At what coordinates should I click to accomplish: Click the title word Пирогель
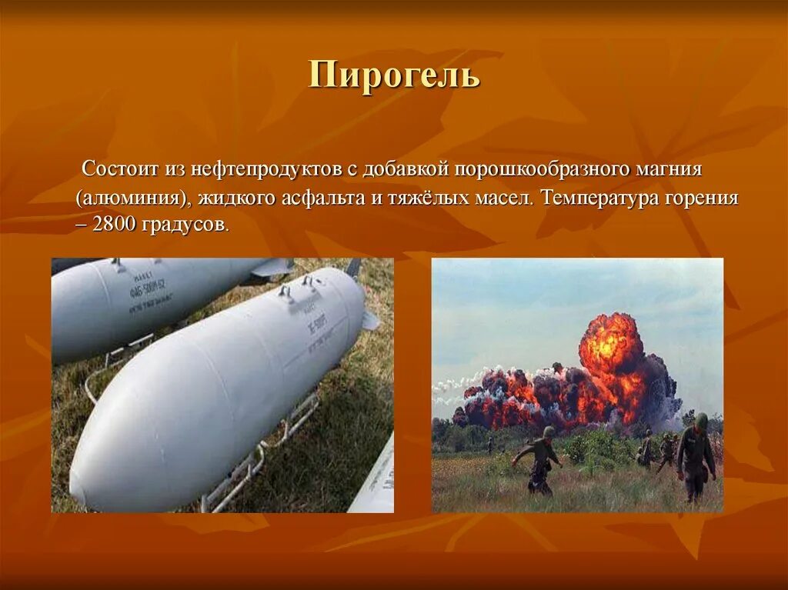[x=394, y=77]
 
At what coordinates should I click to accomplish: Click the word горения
[x=706, y=197]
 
